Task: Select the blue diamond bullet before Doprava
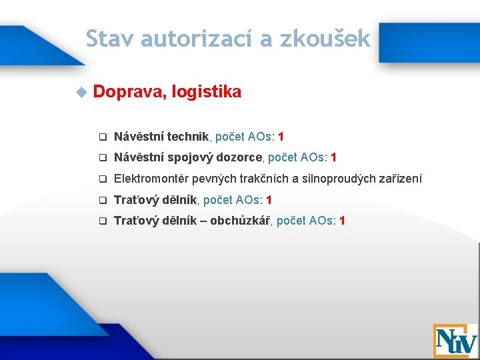pyautogui.click(x=81, y=92)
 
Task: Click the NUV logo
pyautogui.click(x=455, y=341)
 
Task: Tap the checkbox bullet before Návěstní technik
pyautogui.click(x=103, y=137)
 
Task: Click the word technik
pyautogui.click(x=189, y=137)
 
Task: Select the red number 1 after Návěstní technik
pyautogui.click(x=281, y=137)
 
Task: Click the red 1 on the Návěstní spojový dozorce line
pyautogui.click(x=333, y=158)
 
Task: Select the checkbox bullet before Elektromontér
pyautogui.click(x=103, y=179)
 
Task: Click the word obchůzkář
pyautogui.click(x=240, y=221)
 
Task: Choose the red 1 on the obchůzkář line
pyautogui.click(x=342, y=221)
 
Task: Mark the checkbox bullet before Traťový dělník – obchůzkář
pyautogui.click(x=103, y=221)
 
